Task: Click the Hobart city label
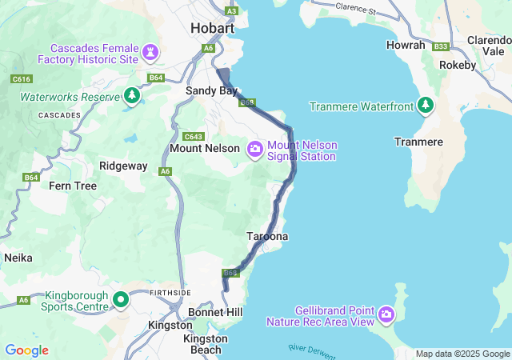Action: (212, 28)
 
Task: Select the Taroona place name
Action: (266, 237)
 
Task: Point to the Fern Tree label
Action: (73, 186)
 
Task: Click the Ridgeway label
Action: (123, 166)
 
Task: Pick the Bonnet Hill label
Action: (215, 311)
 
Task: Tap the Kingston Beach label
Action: (206, 345)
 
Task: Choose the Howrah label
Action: (406, 46)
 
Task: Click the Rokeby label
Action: (458, 66)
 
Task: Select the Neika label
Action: (18, 258)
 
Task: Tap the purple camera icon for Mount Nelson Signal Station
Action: (255, 149)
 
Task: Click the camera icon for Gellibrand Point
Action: (386, 314)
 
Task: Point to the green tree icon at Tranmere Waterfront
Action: (426, 106)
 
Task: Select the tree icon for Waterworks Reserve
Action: (132, 96)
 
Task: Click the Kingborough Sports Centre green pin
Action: (121, 300)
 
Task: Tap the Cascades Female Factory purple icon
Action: (150, 52)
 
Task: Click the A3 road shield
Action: (232, 10)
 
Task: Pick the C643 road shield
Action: (193, 136)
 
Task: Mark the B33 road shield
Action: (440, 46)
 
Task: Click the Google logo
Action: (26, 350)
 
